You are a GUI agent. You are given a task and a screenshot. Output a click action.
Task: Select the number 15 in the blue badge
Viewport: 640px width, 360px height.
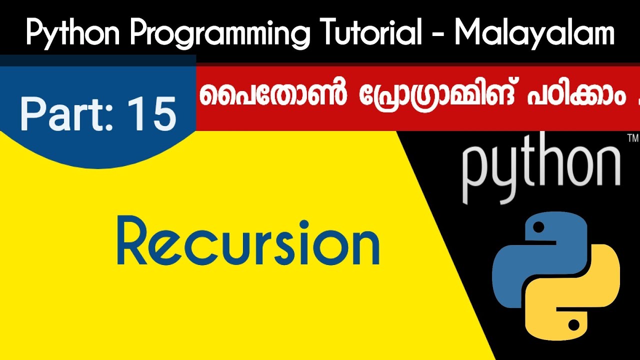click(x=152, y=114)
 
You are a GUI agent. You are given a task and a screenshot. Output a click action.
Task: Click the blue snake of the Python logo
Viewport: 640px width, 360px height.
click(x=525, y=260)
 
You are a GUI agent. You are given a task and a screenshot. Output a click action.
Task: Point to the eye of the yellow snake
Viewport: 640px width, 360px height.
click(x=573, y=325)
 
